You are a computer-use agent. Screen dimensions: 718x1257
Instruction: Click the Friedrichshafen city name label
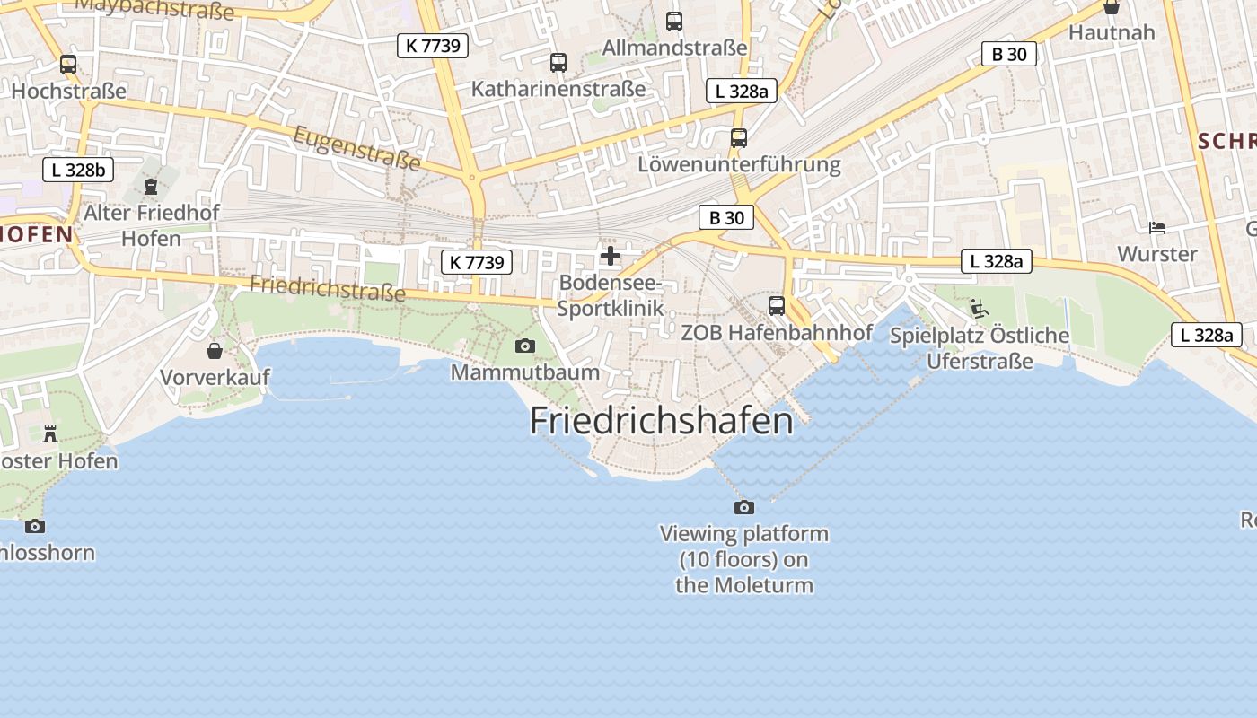pyautogui.click(x=662, y=420)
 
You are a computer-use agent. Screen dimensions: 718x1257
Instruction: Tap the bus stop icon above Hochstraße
pyautogui.click(x=68, y=65)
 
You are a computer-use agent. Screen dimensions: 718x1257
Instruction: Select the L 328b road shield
pyautogui.click(x=78, y=170)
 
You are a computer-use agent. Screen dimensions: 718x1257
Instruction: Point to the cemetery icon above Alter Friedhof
pyautogui.click(x=150, y=186)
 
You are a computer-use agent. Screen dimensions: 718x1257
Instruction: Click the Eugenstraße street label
pyautogui.click(x=357, y=147)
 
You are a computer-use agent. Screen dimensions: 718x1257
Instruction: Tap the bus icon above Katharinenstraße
pyautogui.click(x=558, y=63)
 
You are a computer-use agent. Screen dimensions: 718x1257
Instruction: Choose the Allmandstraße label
pyautogui.click(x=674, y=48)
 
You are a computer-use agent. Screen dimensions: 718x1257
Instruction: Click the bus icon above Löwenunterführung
pyautogui.click(x=739, y=138)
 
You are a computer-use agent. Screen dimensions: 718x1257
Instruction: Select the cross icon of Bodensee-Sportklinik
pyautogui.click(x=611, y=256)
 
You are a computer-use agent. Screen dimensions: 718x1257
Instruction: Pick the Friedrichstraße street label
pyautogui.click(x=328, y=289)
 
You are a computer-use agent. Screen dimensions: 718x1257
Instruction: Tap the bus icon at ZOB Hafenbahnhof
pyautogui.click(x=777, y=305)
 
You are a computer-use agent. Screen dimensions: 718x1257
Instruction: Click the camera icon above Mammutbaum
pyautogui.click(x=525, y=346)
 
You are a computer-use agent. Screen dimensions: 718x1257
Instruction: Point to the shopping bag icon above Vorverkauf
pyautogui.click(x=215, y=350)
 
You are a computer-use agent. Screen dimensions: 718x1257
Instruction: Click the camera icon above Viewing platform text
pyautogui.click(x=744, y=507)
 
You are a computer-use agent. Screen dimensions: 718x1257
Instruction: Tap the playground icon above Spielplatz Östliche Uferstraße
pyautogui.click(x=980, y=309)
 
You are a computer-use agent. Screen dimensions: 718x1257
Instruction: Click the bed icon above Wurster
pyautogui.click(x=1157, y=228)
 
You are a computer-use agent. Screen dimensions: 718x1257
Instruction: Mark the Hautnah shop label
pyautogui.click(x=1112, y=32)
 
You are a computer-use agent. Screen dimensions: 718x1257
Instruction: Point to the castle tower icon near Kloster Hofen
pyautogui.click(x=50, y=434)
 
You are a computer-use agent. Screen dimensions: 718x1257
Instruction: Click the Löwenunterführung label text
pyautogui.click(x=739, y=164)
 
